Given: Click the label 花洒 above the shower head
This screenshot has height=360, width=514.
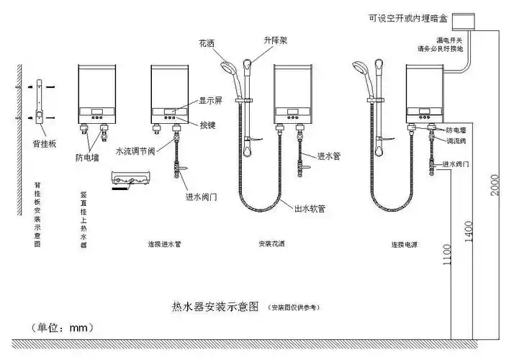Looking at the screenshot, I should (208, 42).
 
